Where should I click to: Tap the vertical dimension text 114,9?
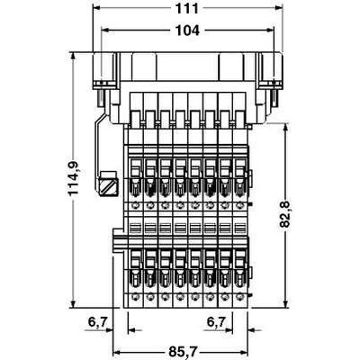(79, 178)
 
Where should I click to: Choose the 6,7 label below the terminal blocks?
(216, 320)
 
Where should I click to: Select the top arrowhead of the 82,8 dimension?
(286, 127)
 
